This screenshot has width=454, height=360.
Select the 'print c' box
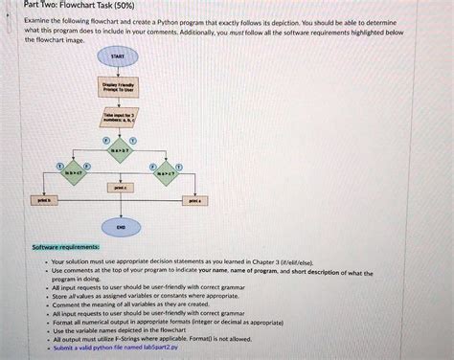point(118,190)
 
